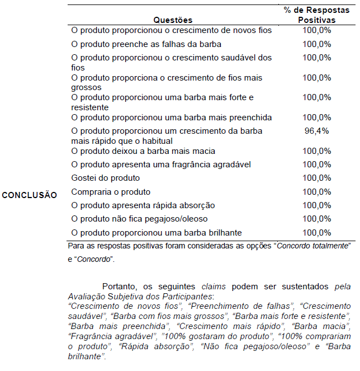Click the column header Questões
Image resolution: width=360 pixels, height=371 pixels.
click(173, 20)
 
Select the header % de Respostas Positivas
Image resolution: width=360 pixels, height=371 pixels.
click(316, 15)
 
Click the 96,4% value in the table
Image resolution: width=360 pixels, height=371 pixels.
click(316, 131)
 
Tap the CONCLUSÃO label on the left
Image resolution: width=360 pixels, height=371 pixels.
click(29, 195)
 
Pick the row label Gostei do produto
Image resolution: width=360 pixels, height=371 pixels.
click(105, 178)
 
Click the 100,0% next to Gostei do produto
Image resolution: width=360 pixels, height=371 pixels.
click(316, 178)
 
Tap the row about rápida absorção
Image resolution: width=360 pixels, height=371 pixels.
click(143, 205)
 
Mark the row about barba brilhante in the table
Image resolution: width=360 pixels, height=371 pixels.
click(157, 232)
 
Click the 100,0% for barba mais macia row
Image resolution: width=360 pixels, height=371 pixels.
click(316, 151)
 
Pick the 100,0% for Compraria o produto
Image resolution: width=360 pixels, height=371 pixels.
click(316, 191)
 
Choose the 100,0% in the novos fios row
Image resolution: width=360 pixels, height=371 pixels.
click(316, 30)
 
